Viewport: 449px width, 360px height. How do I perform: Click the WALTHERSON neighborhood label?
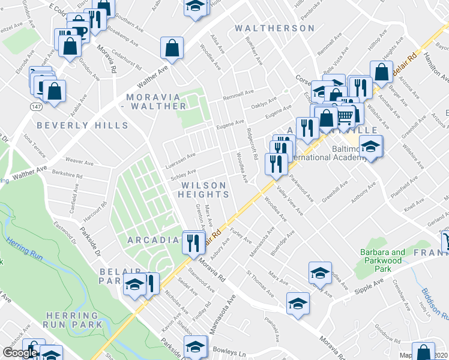pyautogui.click(x=274, y=28)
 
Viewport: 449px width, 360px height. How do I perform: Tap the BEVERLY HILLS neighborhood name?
pyautogui.click(x=83, y=125)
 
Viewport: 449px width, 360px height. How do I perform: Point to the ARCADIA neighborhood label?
pyautogui.click(x=153, y=240)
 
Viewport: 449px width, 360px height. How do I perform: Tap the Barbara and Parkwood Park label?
pyautogui.click(x=382, y=257)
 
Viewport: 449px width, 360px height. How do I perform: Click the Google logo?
pyautogui.click(x=19, y=353)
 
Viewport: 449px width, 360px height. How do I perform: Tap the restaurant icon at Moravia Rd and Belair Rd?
pyautogui.click(x=193, y=242)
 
